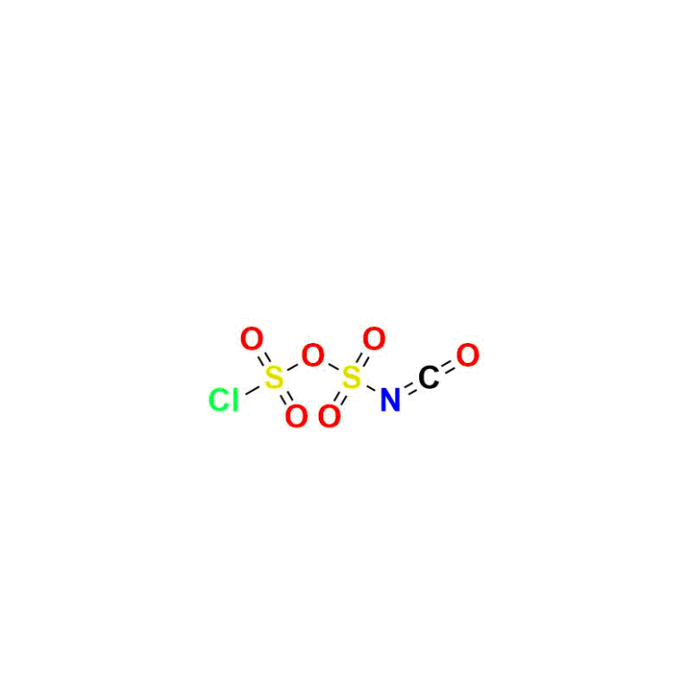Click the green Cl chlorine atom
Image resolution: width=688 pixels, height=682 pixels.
pos(223,400)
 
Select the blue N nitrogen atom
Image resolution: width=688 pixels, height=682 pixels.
pos(390,400)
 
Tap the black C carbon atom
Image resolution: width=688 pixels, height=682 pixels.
pos(428,377)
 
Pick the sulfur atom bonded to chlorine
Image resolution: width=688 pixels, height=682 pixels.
pos(274,377)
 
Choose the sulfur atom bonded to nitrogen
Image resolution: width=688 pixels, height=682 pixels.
pos(351,377)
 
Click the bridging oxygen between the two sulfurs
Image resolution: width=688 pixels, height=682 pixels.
pos(313,355)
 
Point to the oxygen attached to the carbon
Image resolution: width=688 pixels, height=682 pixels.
pos(468,355)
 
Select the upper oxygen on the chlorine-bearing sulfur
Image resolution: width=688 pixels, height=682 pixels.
pos(252,339)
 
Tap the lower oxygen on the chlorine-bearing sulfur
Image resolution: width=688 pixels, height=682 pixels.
pos(297,416)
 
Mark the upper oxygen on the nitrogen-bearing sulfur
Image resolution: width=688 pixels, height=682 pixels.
pos(374,339)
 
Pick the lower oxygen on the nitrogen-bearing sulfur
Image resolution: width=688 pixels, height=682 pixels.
pos(329,416)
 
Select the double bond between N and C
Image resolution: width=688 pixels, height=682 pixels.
pos(408,389)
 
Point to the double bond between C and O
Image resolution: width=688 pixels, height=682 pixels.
pos(448,367)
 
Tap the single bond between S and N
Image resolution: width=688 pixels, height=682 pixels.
pos(371,388)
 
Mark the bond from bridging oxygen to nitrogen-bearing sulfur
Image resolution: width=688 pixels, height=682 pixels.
pos(333,367)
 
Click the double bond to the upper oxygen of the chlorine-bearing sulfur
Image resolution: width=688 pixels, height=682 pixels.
pos(262,358)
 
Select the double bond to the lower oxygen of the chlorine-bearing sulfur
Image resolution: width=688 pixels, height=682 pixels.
pos(285,397)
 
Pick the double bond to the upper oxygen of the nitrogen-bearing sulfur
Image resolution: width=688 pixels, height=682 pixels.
pos(363,358)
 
